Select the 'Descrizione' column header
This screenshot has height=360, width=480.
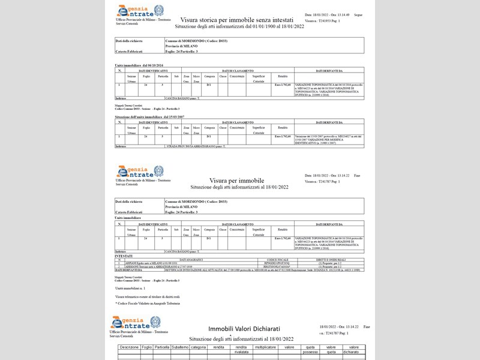[129, 347]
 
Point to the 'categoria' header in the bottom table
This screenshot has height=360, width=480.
[198, 347]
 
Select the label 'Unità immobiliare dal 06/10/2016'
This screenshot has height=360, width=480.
[139, 65]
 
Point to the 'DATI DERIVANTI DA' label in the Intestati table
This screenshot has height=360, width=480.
[129, 270]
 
